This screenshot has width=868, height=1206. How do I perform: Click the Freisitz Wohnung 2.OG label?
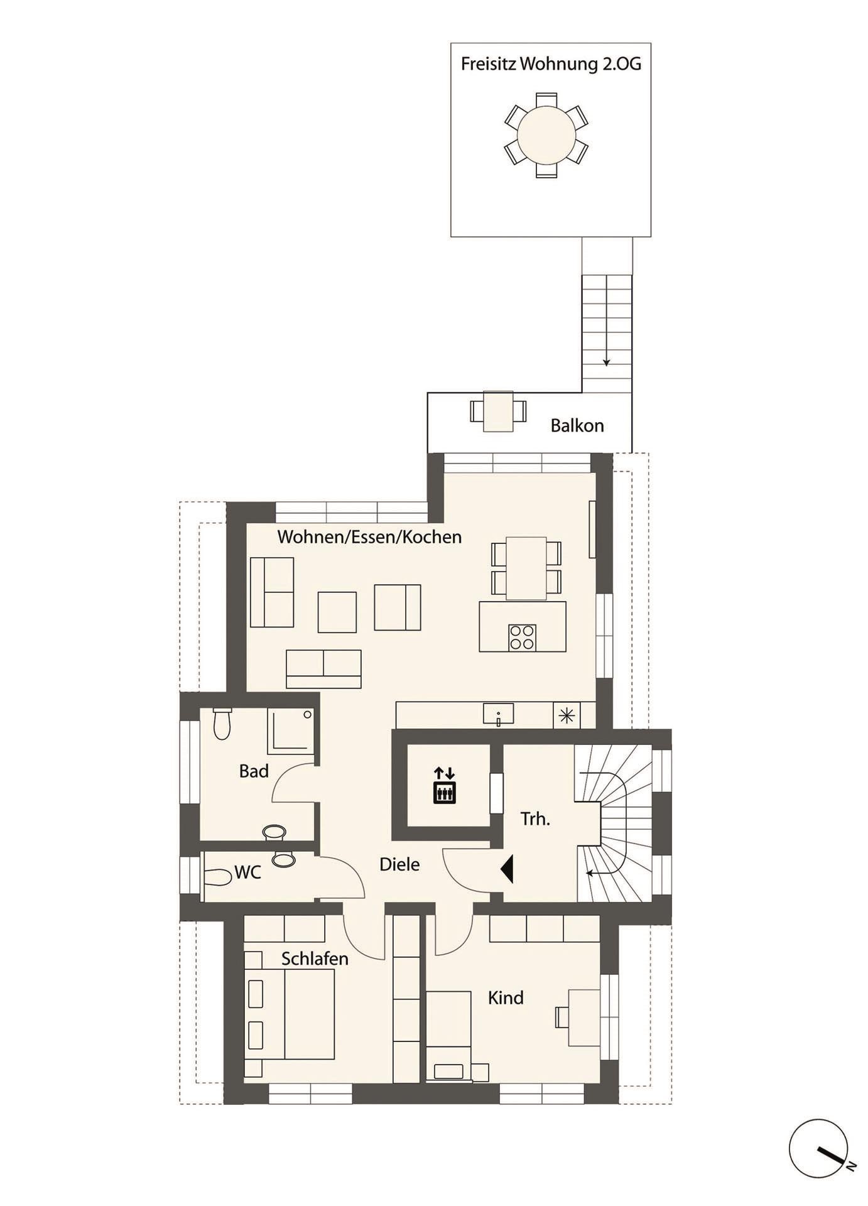pos(551,64)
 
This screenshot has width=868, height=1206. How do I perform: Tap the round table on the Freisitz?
pos(546,135)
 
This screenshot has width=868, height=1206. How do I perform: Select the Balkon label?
pos(577,426)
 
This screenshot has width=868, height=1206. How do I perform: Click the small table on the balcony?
pos(498,411)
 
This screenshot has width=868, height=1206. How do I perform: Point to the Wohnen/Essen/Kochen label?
pos(369,537)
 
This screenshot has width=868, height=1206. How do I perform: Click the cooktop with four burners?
pos(522,637)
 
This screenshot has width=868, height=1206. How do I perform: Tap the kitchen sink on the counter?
pos(498,714)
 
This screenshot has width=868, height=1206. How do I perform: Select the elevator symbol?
pos(445,785)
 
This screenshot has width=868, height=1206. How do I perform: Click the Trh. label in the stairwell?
pos(535,819)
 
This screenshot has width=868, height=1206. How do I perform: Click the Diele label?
pos(399,865)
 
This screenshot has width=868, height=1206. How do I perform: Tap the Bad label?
pos(254,771)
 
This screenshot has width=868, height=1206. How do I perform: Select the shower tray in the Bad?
pos(290,731)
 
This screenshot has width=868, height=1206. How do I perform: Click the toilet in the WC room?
pos(217,877)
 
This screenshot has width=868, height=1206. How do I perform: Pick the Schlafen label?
pos(315,959)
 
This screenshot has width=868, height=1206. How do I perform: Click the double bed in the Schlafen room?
pos(301,1014)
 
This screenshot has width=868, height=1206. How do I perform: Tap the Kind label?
pos(506,997)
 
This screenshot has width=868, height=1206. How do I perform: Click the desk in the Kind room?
pos(584,1018)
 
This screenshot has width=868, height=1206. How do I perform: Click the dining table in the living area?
pos(526,568)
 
